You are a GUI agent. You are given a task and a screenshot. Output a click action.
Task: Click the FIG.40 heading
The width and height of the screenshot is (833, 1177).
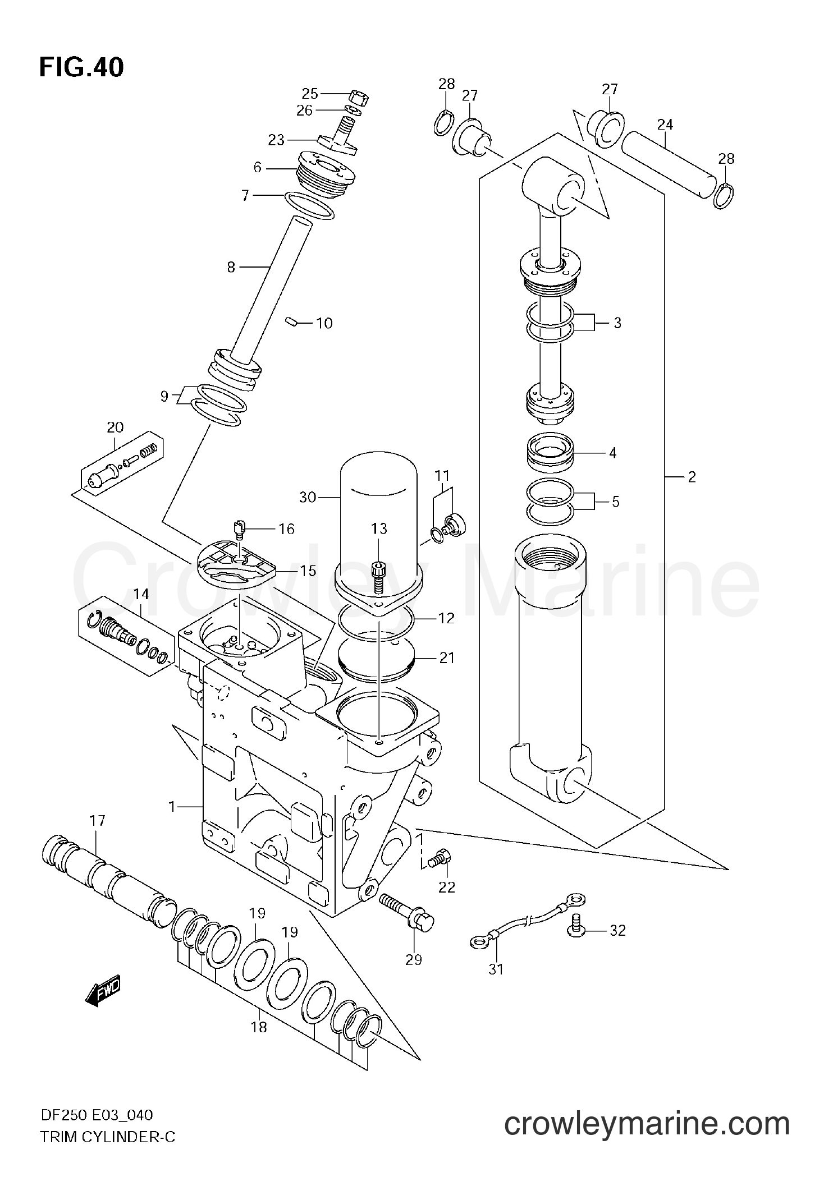point(82,68)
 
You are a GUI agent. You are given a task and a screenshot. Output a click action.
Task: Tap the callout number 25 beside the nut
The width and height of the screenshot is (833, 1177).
point(310,93)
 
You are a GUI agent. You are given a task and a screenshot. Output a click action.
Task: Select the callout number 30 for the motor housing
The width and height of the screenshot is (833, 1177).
point(308,496)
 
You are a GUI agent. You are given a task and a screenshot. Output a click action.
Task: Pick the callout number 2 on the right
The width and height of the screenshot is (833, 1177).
point(692,477)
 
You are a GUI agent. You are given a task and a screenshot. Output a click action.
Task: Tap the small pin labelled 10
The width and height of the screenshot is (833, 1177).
point(290,321)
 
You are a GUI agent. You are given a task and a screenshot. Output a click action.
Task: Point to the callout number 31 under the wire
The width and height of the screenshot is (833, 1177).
point(496,969)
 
